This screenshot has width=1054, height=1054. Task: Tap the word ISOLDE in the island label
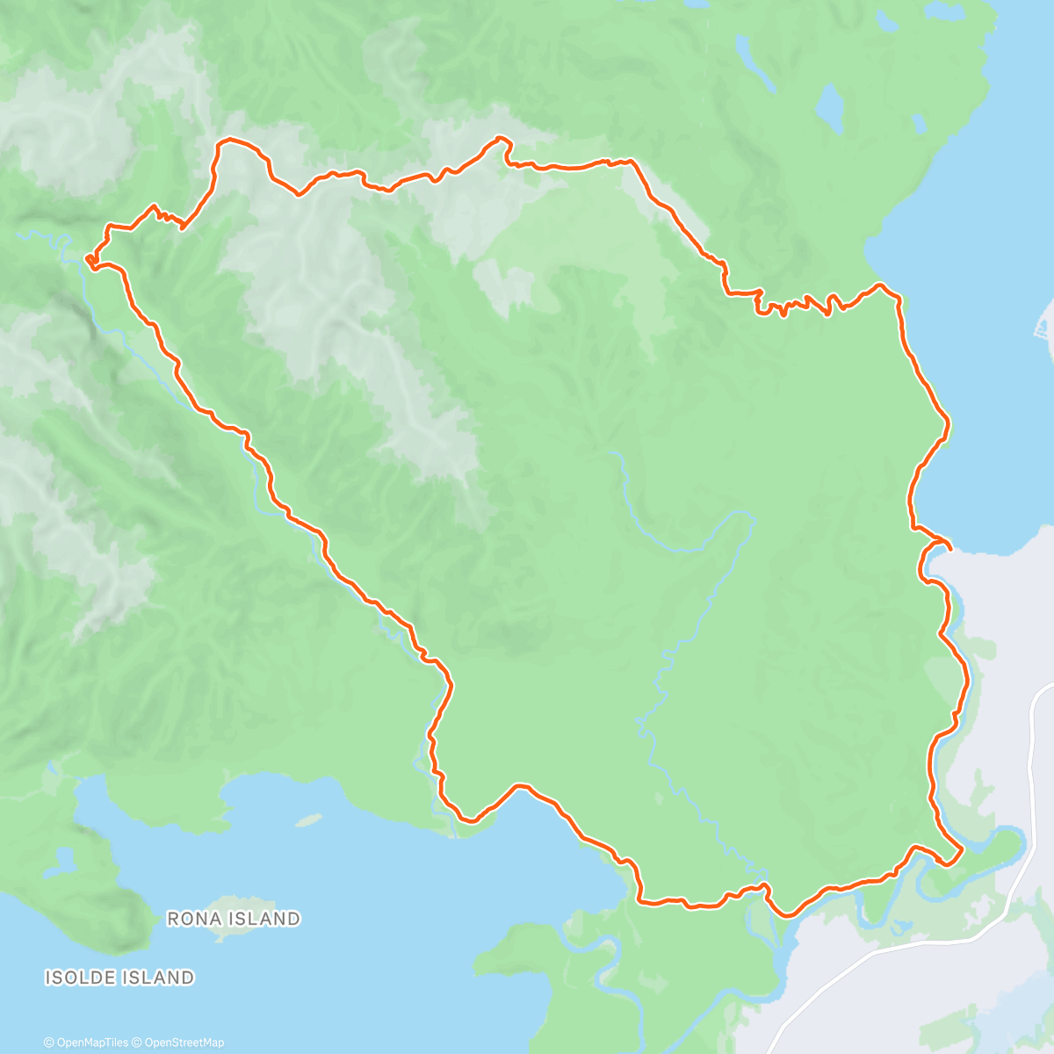point(79,977)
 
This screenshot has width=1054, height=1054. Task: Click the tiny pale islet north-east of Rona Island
point(308,819)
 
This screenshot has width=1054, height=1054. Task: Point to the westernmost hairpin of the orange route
point(90,258)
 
